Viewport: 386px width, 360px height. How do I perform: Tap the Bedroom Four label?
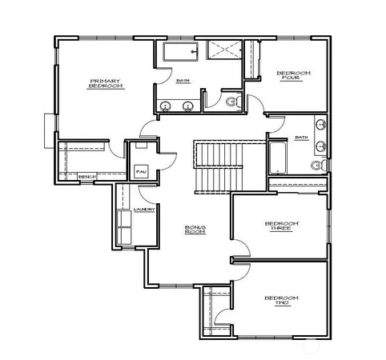[x=294, y=76]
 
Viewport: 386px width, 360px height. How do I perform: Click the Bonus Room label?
[x=195, y=230]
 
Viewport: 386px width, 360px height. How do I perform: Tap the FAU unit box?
[x=141, y=171]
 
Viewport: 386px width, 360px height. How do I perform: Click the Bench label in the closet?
[x=87, y=176]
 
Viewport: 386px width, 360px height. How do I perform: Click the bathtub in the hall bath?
[x=278, y=157]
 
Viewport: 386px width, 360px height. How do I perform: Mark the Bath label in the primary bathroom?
[x=183, y=80]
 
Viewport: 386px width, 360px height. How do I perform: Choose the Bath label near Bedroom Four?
[x=301, y=137]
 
